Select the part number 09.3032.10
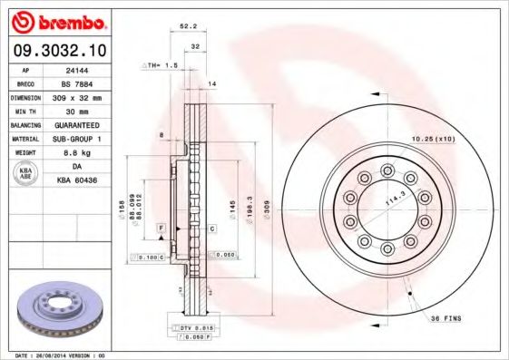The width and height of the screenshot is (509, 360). pos(58,49)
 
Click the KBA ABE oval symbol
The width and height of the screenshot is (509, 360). pos(24,172)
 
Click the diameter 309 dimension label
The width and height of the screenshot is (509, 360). pos(267,209)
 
